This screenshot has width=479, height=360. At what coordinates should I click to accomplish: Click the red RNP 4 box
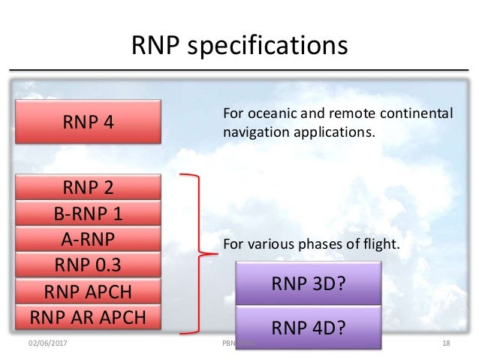(x=89, y=121)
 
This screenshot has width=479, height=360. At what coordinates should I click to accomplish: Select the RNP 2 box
(x=89, y=187)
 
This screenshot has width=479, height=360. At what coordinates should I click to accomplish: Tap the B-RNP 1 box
(x=89, y=213)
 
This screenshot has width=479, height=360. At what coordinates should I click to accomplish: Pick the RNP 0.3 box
(x=89, y=265)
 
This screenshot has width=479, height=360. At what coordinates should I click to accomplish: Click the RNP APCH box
(x=89, y=292)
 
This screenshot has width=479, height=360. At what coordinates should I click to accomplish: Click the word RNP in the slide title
(x=159, y=47)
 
